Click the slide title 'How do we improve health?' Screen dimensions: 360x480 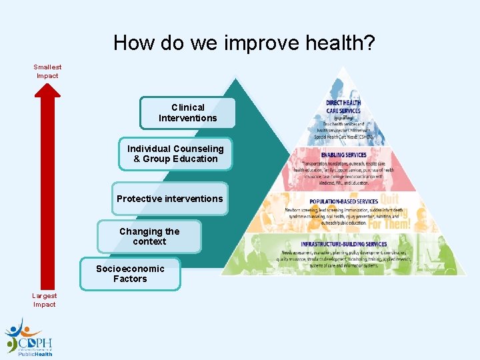point(244,43)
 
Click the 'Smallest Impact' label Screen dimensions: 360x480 point(47,71)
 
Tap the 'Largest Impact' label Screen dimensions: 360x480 point(45,300)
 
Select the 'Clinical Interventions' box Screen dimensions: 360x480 point(187,113)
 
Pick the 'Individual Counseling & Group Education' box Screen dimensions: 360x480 point(175,154)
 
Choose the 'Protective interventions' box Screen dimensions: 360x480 point(169,199)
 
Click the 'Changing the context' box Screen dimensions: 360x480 point(149,237)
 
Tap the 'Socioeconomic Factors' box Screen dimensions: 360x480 point(130,274)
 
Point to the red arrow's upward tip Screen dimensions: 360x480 point(47,87)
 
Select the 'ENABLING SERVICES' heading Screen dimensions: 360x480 point(343,155)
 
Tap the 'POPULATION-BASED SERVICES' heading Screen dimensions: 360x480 point(343,201)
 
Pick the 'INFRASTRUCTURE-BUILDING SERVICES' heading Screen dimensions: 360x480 point(343,244)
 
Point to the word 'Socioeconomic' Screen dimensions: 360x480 point(130,269)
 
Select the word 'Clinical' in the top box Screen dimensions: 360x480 point(188,107)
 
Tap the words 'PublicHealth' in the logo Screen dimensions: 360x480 point(35,355)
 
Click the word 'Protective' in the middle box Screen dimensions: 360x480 point(139,199)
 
